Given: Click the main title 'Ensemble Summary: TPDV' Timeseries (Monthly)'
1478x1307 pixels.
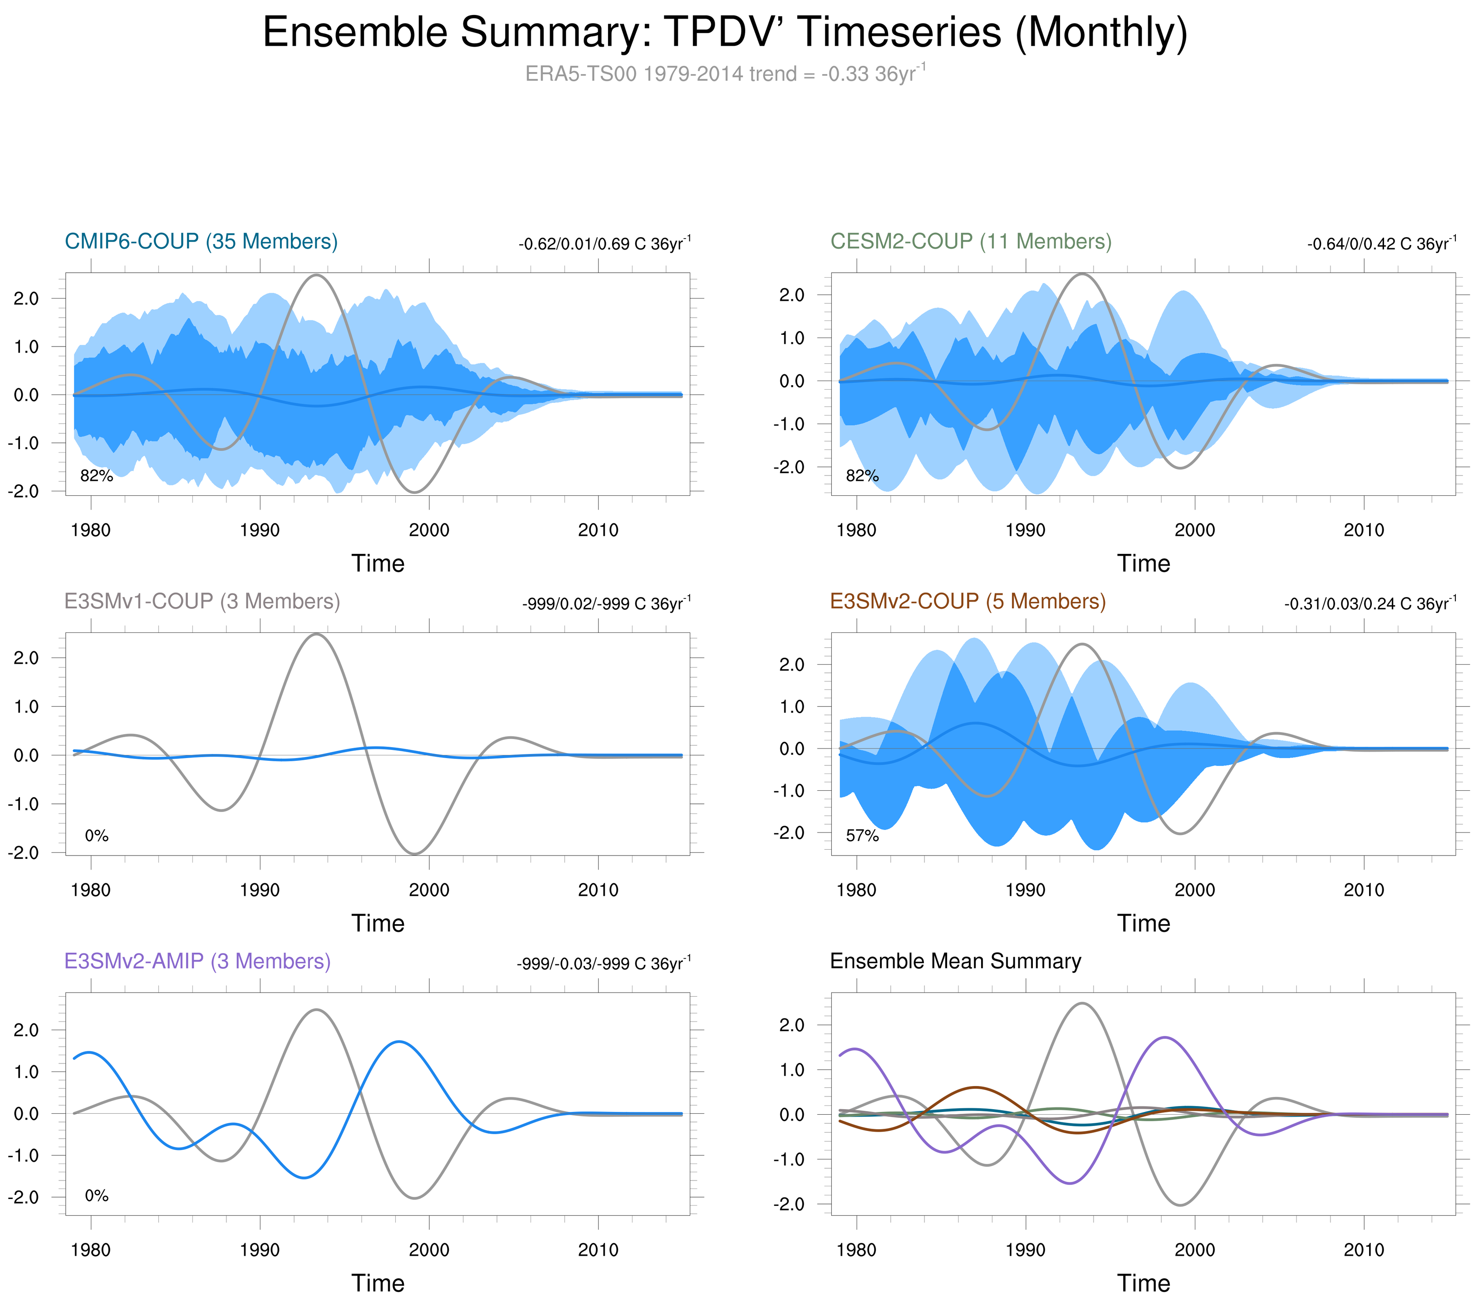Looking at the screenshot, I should tap(725, 33).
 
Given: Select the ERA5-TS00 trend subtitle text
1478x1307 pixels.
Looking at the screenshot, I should tap(725, 74).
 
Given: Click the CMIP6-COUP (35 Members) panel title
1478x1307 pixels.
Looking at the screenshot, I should tap(201, 241).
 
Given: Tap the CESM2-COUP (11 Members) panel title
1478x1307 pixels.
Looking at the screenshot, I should tap(970, 241).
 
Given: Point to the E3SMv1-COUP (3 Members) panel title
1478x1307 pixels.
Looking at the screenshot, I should tap(202, 602).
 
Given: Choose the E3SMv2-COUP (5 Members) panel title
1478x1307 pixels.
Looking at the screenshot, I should tap(967, 602).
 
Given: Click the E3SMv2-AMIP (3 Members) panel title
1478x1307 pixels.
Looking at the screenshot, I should tap(197, 961).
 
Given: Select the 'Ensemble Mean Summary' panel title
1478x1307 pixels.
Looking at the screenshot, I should tap(955, 961).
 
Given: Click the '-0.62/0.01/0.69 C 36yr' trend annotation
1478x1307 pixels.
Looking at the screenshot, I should tap(604, 244).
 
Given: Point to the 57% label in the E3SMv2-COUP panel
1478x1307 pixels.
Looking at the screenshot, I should tap(862, 836).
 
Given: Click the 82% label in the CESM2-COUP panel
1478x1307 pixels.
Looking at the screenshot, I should tap(862, 476).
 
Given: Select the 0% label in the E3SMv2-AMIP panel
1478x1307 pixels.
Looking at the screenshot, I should tap(97, 1196).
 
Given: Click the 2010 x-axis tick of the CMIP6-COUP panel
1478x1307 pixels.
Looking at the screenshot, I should tap(598, 531).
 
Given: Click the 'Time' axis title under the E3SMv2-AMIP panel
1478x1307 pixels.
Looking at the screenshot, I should tap(378, 1283).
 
